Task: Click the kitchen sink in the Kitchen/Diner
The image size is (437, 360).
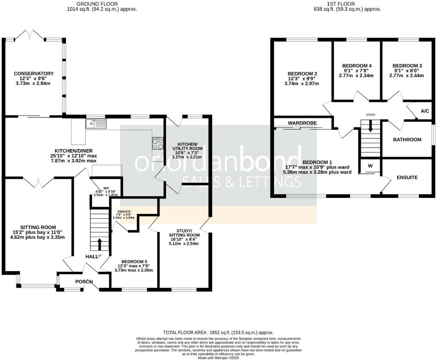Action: (96, 123)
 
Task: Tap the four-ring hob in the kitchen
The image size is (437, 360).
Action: (158, 144)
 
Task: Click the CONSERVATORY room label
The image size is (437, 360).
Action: (34, 74)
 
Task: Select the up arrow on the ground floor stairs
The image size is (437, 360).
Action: (100, 244)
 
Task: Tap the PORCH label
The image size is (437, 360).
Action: (84, 282)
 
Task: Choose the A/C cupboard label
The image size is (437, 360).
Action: (425, 111)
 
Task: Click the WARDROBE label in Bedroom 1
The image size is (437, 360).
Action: (302, 123)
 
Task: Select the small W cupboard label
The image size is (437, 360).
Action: (370, 166)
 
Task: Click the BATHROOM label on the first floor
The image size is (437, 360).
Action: (407, 139)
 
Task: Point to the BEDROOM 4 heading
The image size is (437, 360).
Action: (357, 66)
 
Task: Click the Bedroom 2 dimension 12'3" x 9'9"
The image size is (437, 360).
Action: (302, 78)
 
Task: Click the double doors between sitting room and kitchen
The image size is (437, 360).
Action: (39, 181)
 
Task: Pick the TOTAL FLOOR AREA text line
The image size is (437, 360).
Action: (218, 333)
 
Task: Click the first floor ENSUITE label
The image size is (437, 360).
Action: (407, 178)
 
